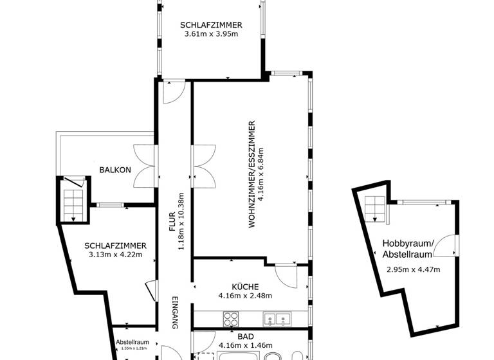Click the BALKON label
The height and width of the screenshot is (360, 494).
[x=115, y=170]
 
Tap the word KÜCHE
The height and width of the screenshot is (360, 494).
[x=246, y=287]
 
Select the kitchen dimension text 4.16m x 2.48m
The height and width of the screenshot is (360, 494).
[x=246, y=296]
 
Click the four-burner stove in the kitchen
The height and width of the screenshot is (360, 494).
[x=231, y=318]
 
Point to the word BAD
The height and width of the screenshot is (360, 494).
[x=246, y=336]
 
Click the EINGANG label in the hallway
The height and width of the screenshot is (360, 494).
[x=174, y=313]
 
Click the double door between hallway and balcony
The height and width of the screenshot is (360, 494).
[x=144, y=165]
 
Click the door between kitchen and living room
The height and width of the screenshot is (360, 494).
[x=286, y=275]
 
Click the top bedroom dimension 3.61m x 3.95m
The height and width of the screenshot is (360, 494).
[x=211, y=33]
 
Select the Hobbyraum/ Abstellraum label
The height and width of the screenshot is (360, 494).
[x=408, y=248]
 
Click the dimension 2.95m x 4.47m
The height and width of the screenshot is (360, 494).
[x=413, y=269]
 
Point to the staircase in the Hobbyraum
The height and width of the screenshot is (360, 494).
[x=375, y=209]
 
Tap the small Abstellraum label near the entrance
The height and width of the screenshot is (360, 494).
[x=132, y=342]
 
